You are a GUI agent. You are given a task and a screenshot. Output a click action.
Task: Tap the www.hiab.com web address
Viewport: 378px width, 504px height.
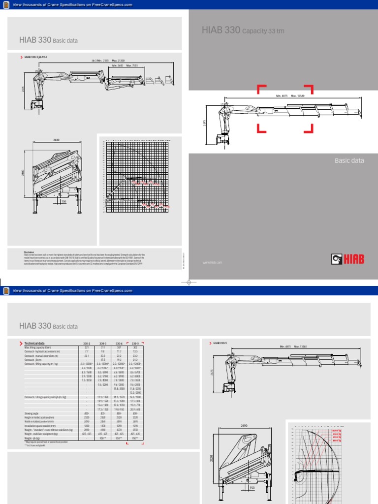(212, 263)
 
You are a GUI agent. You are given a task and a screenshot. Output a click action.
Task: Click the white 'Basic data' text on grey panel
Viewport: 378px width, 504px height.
(349, 160)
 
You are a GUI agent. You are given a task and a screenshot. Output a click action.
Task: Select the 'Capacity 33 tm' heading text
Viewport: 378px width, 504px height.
(263, 31)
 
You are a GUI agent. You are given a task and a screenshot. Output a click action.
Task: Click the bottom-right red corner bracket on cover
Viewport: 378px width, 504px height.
(309, 128)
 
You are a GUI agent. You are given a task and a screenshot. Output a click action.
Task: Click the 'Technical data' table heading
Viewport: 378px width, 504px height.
(38, 343)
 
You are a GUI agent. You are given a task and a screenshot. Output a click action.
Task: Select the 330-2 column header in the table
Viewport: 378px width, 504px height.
(87, 343)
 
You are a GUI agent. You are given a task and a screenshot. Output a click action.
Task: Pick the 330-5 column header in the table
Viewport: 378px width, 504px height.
(135, 343)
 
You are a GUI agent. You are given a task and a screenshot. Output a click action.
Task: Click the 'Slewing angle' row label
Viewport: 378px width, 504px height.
(32, 413)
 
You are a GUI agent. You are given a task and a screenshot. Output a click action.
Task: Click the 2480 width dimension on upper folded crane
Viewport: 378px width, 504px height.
(56, 140)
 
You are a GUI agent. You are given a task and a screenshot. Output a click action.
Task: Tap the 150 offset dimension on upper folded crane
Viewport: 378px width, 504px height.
(63, 201)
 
